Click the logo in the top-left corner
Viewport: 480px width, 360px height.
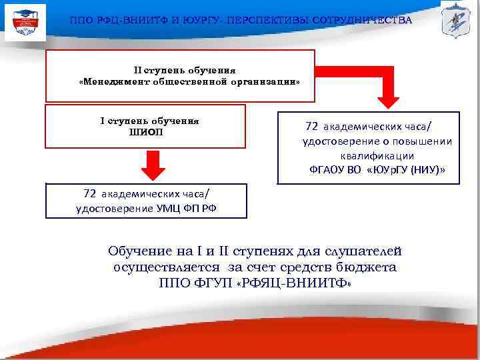[x=25, y=21]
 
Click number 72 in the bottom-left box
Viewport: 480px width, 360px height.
[x=91, y=194]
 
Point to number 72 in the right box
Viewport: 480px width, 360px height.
[x=311, y=127]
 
